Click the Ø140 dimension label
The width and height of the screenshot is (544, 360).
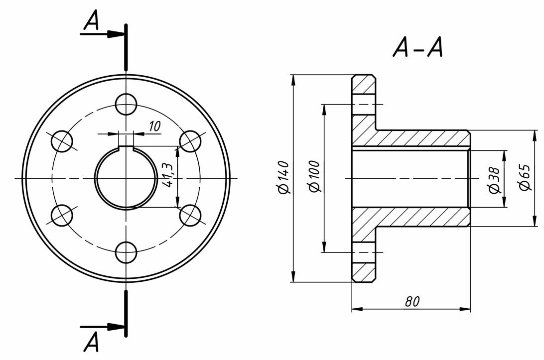283,177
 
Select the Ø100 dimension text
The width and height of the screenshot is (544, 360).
314,176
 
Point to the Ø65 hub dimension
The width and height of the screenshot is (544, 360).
525,177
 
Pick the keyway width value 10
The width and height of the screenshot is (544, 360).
155,126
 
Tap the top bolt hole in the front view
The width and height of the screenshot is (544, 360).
126,104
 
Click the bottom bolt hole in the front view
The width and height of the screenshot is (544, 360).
126,252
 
